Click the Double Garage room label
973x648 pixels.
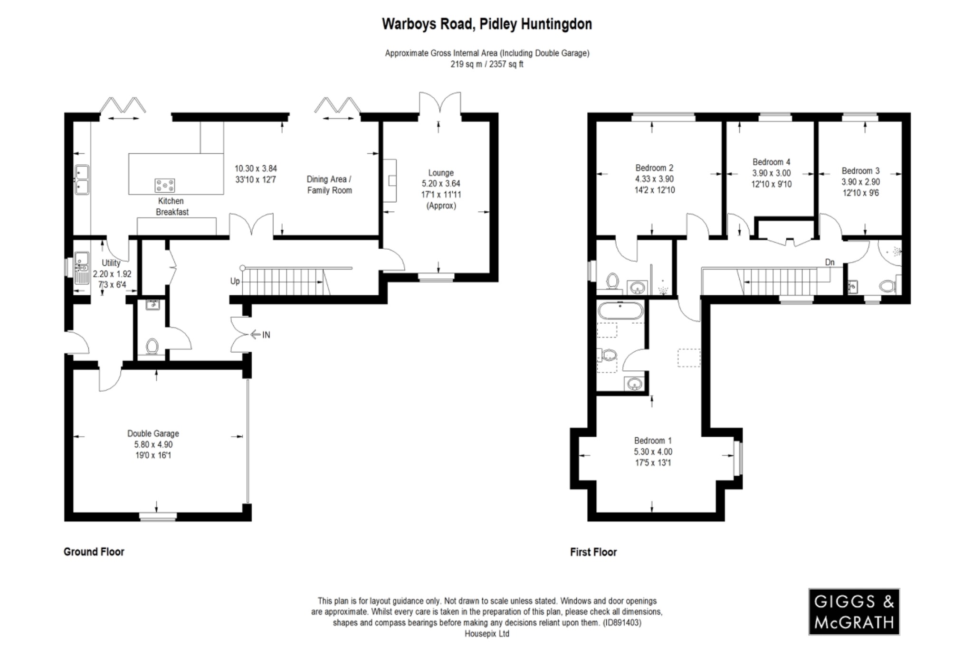pyautogui.click(x=153, y=433)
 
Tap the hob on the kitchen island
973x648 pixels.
pyautogui.click(x=165, y=185)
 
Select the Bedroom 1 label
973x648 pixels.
pyautogui.click(x=653, y=441)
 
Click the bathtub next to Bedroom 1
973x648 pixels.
pyautogui.click(x=620, y=311)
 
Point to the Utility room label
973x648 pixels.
pyautogui.click(x=111, y=263)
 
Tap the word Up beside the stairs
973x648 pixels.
pyautogui.click(x=235, y=281)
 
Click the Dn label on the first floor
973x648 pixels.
pyautogui.click(x=830, y=262)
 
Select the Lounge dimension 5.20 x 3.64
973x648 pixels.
pyautogui.click(x=441, y=184)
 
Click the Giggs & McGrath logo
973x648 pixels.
pyautogui.click(x=854, y=611)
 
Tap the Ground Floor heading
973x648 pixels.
pyautogui.click(x=94, y=552)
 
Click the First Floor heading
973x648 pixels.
pyautogui.click(x=593, y=552)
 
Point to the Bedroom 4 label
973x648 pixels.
pyautogui.click(x=772, y=162)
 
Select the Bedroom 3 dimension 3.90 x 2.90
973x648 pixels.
pyautogui.click(x=860, y=182)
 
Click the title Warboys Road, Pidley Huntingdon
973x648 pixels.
pyautogui.click(x=487, y=24)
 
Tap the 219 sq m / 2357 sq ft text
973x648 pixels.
pyautogui.click(x=487, y=64)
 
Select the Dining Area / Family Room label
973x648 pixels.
pyautogui.click(x=329, y=185)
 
